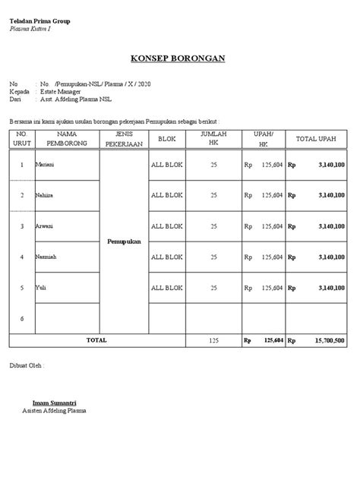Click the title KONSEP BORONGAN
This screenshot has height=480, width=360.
point(179,59)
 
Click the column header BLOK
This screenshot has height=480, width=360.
point(167,139)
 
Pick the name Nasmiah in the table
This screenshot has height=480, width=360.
point(48,257)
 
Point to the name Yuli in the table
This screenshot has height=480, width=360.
point(42,288)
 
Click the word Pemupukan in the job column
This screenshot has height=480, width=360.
point(123,241)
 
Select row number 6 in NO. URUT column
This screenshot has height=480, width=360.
point(22,318)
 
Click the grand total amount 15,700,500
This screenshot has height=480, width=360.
point(330,341)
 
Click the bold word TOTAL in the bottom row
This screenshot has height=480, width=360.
point(96,340)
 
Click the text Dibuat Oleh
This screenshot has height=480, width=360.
point(27,365)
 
